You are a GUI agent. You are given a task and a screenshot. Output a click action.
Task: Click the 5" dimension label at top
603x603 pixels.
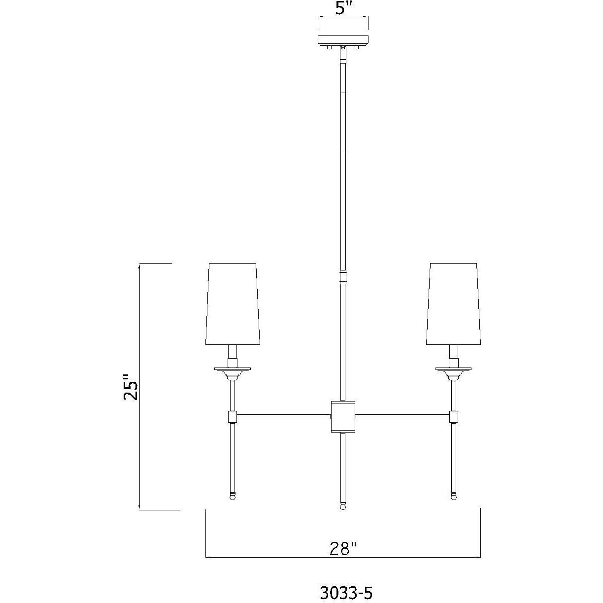343,9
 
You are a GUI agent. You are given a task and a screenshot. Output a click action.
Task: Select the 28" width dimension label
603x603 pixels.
343,548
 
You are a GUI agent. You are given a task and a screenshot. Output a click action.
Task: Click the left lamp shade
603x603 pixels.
233,304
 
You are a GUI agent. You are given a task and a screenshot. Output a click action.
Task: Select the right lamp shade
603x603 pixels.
453,304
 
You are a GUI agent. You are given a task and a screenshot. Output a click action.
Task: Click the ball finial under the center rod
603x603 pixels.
343,506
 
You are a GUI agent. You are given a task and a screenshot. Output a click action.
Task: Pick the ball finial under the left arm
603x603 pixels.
233,496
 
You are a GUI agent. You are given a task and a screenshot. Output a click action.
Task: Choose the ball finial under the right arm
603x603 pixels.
453,496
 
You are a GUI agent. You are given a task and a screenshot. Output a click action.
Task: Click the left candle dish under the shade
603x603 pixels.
233,368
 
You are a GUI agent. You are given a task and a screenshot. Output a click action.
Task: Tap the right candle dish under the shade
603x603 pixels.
453,368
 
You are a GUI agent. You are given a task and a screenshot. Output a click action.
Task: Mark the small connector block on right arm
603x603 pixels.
454,417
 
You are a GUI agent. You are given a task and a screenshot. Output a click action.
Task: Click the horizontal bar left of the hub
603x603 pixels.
284,417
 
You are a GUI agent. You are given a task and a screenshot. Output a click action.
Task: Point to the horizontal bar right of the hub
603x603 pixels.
402,417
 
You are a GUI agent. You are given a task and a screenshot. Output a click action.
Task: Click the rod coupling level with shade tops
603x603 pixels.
343,276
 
